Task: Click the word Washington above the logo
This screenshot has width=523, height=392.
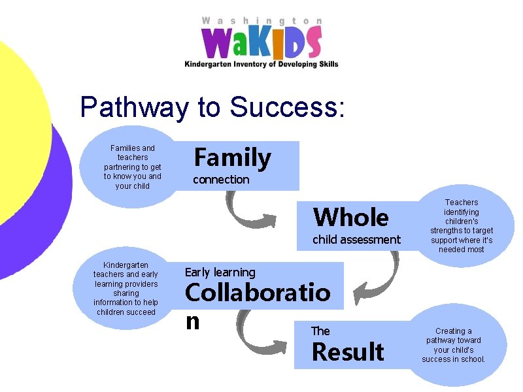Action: tap(261, 21)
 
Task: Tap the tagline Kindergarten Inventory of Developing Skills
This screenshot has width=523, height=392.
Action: tap(261, 64)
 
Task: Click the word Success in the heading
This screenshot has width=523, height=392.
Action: tap(284, 107)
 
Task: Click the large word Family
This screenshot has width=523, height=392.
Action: tap(232, 158)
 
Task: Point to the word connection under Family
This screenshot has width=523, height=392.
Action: tap(221, 180)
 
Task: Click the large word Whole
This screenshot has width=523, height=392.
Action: tap(351, 217)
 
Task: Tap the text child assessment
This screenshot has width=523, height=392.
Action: tap(356, 240)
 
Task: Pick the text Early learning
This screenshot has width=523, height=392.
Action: tap(220, 272)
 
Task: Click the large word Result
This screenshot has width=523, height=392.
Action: tap(348, 352)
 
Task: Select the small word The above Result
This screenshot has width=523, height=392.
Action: tap(320, 331)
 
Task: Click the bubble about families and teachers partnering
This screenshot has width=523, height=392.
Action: tap(133, 167)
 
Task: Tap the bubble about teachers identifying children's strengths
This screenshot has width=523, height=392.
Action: tap(462, 226)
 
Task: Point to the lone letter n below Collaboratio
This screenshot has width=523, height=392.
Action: tap(192, 321)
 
